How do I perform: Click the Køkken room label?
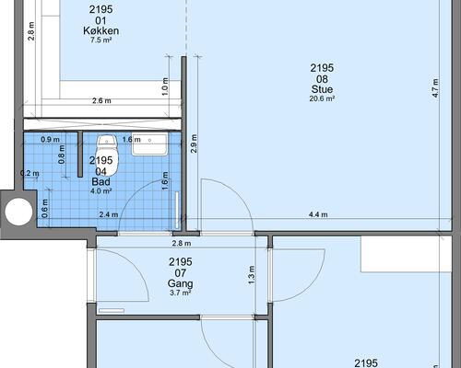tap(101, 30)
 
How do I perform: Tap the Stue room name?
tap(322, 89)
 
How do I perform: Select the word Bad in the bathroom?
tap(100, 182)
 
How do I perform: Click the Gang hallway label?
tap(181, 283)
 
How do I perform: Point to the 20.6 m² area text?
tap(322, 98)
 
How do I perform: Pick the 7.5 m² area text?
tap(100, 40)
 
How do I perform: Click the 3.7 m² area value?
tap(181, 293)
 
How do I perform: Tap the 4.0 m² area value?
tap(100, 191)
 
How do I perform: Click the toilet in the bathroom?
tap(107, 155)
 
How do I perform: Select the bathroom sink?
tap(150, 144)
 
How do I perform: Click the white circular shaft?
tap(18, 212)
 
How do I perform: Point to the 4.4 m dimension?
tap(318, 214)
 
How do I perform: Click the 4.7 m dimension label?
tap(435, 88)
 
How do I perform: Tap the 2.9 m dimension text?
tap(194, 144)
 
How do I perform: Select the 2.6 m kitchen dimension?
tap(101, 100)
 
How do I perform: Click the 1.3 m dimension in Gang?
tap(252, 275)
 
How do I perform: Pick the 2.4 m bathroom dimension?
tap(109, 214)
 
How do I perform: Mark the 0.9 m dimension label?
tap(51, 140)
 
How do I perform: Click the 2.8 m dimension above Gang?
tap(182, 244)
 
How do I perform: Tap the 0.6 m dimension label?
tap(45, 209)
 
